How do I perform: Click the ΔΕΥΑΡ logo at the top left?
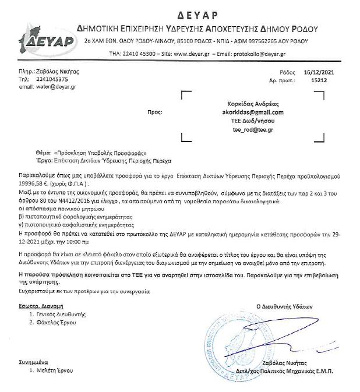[x=46, y=36]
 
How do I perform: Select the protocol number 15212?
[x=319, y=80]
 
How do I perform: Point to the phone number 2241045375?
[x=52, y=79]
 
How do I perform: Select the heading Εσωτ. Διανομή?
[x=41, y=305]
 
